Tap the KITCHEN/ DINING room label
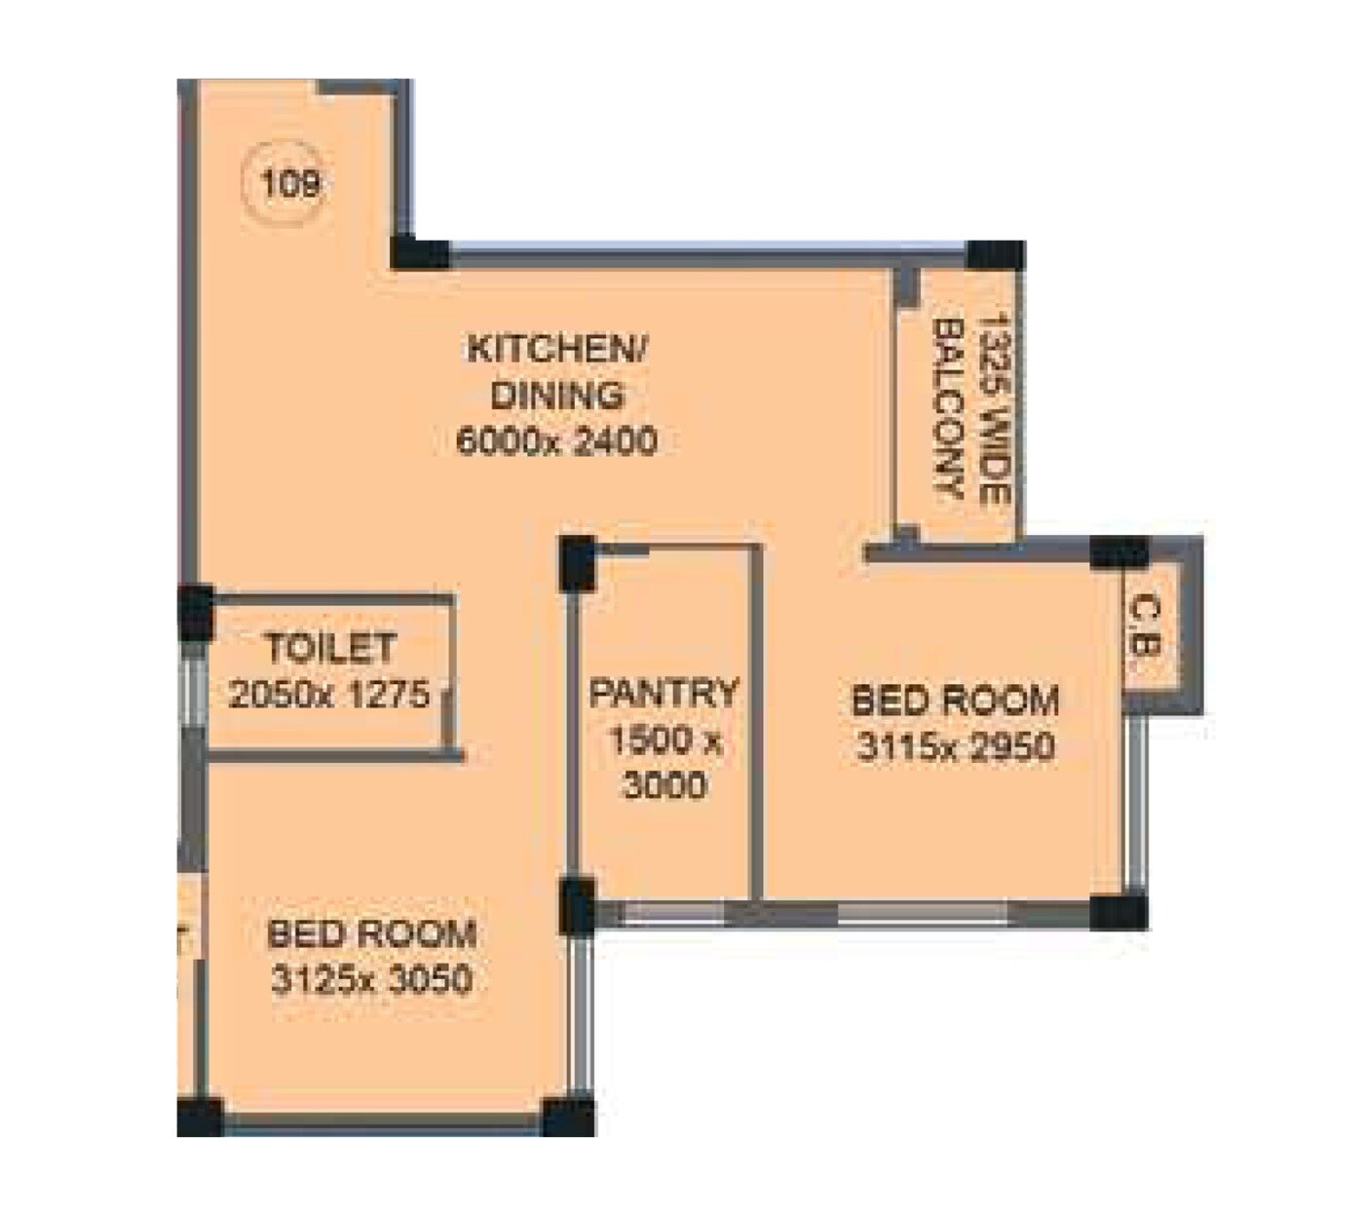556,372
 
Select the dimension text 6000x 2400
556,441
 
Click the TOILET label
330,648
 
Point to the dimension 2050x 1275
329,694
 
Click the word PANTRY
664,694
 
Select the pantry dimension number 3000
664,785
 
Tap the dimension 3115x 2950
955,747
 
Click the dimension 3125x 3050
371,979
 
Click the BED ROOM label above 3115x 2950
955,701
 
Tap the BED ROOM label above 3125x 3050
371,933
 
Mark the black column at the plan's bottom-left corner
200,1116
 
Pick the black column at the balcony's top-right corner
997,255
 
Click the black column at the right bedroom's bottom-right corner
1118,911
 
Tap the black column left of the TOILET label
195,611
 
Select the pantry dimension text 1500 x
664,740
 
